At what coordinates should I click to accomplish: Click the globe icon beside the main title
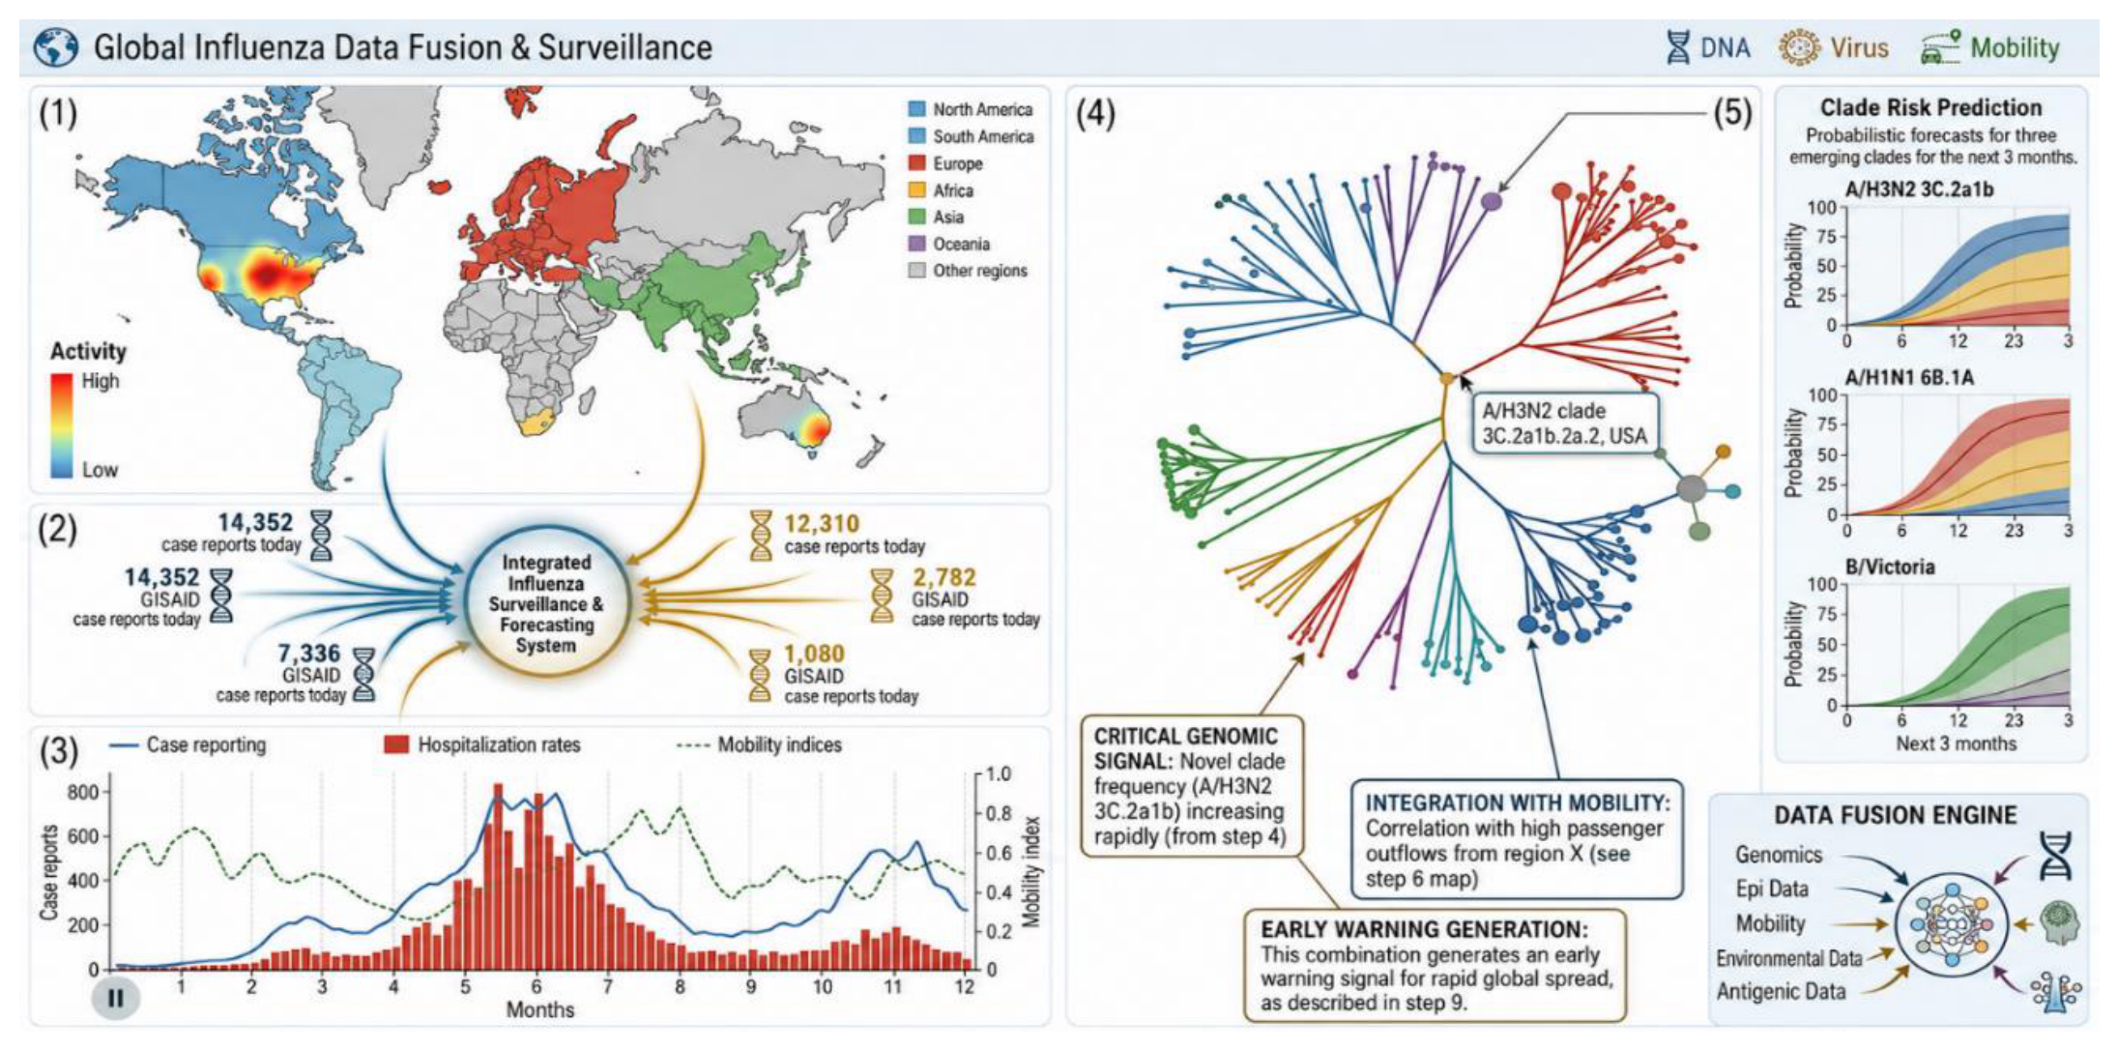point(56,47)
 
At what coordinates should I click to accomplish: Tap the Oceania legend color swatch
point(917,244)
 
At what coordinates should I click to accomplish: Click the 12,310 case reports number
point(822,524)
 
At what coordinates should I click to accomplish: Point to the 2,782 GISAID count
point(944,578)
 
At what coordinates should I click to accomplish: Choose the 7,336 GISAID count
point(309,654)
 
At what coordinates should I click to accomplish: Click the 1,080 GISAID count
point(814,655)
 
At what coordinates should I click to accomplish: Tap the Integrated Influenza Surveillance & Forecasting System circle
point(547,602)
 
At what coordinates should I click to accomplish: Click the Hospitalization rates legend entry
point(482,744)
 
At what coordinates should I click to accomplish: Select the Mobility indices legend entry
point(760,744)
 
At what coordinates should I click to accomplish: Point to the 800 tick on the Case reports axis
point(83,792)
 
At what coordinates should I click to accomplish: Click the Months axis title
point(540,1009)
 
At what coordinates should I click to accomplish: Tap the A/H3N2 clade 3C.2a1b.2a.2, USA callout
point(1564,423)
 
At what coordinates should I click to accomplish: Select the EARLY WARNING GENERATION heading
point(1424,929)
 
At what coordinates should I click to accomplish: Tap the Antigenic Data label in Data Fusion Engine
point(1781,991)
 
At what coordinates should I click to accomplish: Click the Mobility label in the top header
point(2015,47)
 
